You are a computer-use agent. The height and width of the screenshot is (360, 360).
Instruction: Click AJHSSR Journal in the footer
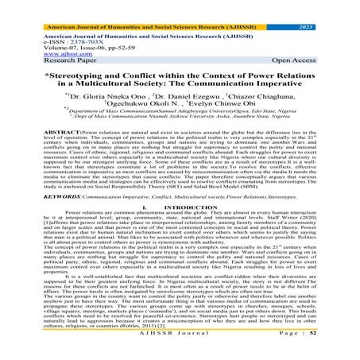tap(177, 351)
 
